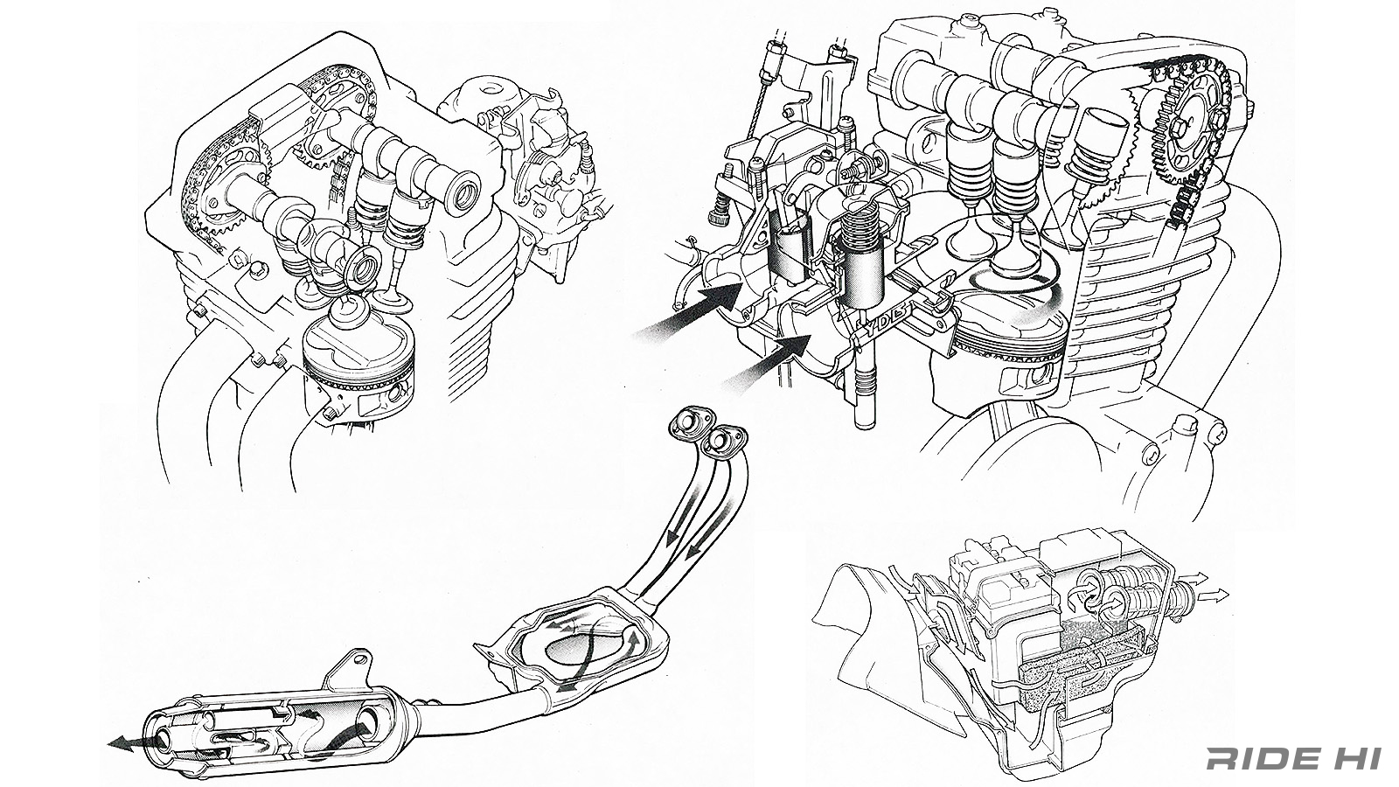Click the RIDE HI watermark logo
1292,758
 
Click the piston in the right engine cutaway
1006,345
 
